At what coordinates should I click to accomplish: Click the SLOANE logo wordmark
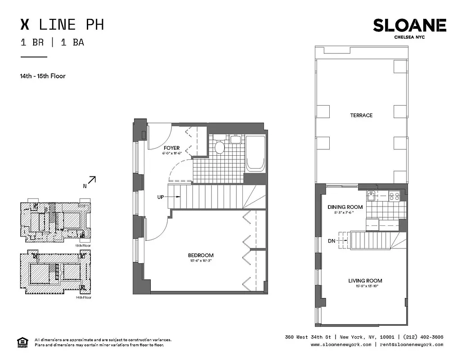[409, 26]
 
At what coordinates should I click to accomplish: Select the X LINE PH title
[63, 24]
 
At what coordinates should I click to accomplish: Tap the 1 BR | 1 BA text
[52, 43]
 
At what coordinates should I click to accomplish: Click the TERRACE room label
[361, 115]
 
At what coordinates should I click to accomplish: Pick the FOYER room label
[171, 148]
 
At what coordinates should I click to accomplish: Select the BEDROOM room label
[201, 256]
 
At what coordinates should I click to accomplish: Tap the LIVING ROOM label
[365, 281]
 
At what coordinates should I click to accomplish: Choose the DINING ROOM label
[345, 207]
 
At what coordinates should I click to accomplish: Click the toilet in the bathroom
[220, 147]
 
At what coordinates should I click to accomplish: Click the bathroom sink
[236, 139]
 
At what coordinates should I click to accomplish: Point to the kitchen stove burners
[394, 196]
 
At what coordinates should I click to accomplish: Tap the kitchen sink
[371, 196]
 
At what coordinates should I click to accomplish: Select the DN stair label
[332, 241]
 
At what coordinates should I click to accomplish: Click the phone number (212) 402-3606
[423, 337]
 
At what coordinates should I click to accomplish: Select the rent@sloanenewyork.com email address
[411, 345]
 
